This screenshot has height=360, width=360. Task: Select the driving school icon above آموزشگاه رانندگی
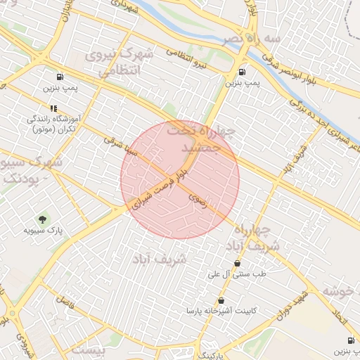coord(53,108)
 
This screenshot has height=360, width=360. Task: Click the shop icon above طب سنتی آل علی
coord(237,264)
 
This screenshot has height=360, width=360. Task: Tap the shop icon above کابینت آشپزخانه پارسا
coord(221,300)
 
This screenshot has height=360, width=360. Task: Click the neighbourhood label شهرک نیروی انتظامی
coord(116,63)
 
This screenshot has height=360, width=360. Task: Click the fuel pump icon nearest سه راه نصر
coord(243,71)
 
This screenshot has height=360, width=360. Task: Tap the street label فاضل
coord(65,303)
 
